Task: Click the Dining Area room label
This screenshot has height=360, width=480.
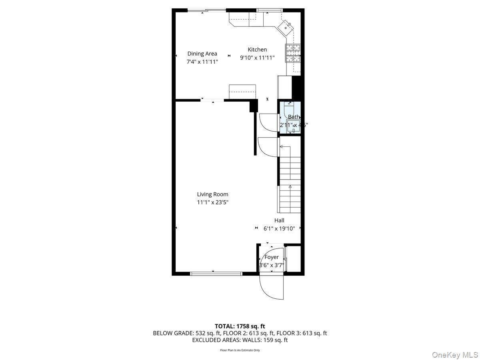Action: tap(202, 54)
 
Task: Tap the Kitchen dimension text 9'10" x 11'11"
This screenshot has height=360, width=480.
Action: tap(257, 58)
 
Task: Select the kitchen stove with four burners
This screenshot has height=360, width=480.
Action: tap(292, 53)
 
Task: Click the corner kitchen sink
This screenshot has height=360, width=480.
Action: tap(286, 27)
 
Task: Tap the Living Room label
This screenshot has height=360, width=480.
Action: tap(212, 194)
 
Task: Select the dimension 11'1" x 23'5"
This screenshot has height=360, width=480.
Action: tap(212, 202)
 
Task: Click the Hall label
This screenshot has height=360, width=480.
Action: tap(279, 220)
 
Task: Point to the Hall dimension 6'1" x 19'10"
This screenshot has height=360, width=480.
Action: tap(279, 228)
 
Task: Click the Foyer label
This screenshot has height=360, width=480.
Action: tap(272, 257)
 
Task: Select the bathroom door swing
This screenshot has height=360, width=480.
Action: tap(269, 121)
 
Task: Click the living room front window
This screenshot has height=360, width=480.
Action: tap(216, 274)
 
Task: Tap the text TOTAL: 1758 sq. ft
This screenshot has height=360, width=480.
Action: tap(240, 326)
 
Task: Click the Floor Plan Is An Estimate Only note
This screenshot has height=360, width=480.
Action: tap(240, 350)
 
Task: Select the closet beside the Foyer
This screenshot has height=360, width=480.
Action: tap(293, 259)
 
